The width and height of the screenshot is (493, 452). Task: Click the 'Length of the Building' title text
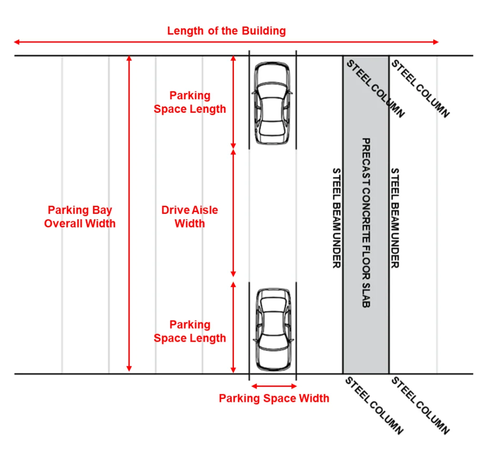coord(226,31)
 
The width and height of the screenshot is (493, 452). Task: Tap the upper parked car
coord(272,104)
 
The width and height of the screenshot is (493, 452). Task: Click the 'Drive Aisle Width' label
coord(190,217)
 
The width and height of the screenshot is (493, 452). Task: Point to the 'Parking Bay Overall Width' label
coord(80,217)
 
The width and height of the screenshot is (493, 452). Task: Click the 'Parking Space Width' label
coord(274,399)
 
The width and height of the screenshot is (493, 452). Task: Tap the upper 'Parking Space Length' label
coord(190,102)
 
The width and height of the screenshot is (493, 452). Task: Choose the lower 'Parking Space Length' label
coord(190,332)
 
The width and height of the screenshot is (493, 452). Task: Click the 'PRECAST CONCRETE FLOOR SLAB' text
coord(365,223)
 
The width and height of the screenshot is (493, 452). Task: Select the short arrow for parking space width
coord(273,386)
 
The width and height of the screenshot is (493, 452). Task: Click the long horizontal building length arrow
coord(226,42)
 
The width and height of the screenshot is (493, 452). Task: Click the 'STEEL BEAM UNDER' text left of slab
coord(337,218)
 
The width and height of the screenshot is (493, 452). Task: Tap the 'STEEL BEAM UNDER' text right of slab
coord(395,218)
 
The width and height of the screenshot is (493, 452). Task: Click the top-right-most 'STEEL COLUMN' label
coord(420,89)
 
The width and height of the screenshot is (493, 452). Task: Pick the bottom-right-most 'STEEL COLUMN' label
coord(420,406)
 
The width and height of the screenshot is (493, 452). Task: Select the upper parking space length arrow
coord(234,102)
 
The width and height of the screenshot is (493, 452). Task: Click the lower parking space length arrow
coord(234,328)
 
